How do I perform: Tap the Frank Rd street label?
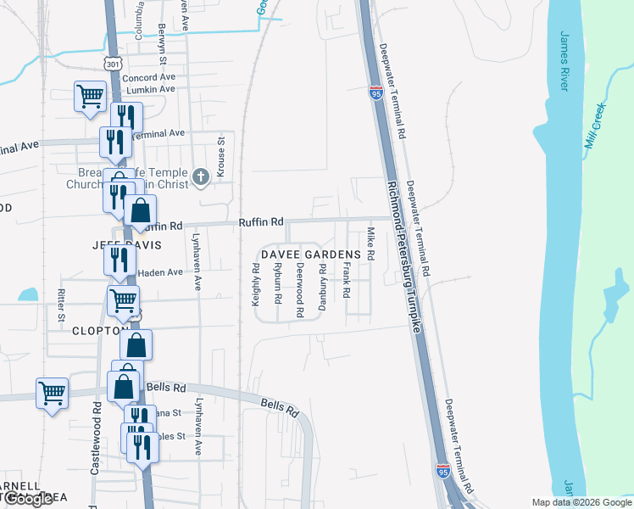[347, 281]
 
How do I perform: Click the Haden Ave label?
[160, 272]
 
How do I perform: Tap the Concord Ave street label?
[148, 78]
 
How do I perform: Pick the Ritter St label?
[61, 306]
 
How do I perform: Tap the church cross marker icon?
[200, 176]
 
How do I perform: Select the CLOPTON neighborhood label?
[99, 331]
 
